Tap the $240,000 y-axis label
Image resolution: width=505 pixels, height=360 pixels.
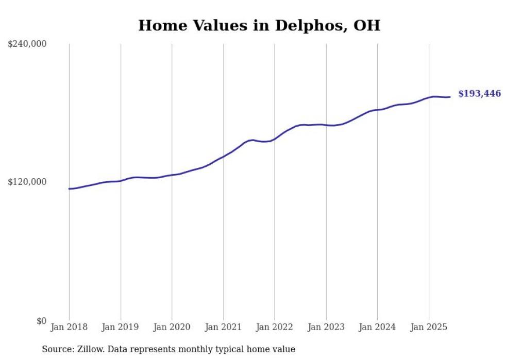[27, 44]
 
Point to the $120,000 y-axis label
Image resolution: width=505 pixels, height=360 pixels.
[27, 182]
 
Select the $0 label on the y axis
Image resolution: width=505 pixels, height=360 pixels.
[41, 321]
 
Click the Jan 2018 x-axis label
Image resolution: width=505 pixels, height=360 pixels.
[69, 327]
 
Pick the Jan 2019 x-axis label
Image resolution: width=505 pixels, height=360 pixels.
[121, 327]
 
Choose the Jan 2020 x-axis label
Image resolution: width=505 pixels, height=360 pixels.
[172, 327]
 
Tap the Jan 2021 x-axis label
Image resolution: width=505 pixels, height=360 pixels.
[223, 327]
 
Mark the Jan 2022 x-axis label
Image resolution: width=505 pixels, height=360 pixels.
[274, 327]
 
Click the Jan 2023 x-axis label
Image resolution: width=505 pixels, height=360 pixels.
[326, 327]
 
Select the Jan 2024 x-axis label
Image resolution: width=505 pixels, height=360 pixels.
[377, 327]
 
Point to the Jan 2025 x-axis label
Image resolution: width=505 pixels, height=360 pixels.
[428, 327]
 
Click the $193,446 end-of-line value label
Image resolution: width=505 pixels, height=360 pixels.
[479, 94]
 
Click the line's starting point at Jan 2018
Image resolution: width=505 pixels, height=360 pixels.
[69, 188]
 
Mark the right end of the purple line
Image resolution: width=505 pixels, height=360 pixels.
[450, 97]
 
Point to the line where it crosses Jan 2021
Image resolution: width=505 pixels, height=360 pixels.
[223, 156]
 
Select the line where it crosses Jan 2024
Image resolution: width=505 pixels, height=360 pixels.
[377, 110]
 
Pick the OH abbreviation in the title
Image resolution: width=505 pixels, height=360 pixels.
[366, 26]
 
